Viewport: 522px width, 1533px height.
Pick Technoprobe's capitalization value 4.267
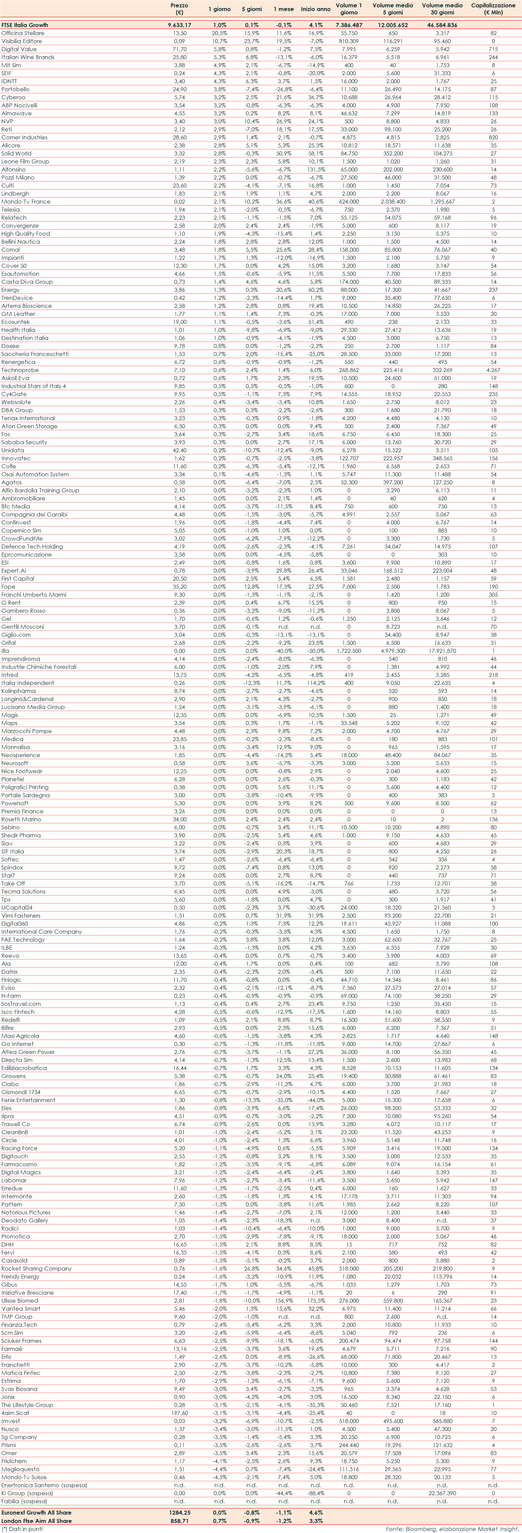(493, 370)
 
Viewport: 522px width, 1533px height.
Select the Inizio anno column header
(315, 9)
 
